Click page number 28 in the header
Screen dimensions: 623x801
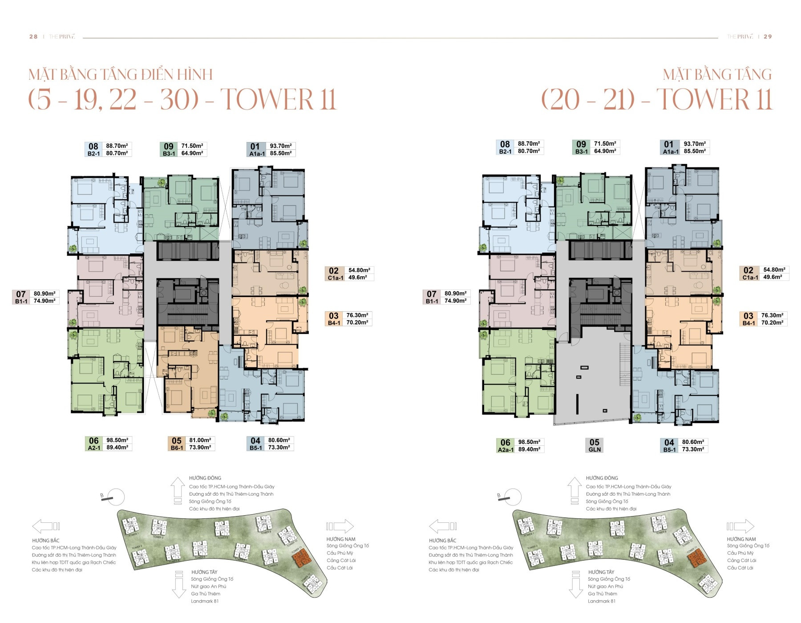[x=33, y=37]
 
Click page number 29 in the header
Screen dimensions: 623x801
[x=768, y=37]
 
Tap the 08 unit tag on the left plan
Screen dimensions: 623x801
[x=93, y=146]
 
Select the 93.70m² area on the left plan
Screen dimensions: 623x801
[x=280, y=146]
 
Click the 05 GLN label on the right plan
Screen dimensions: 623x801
[x=595, y=445]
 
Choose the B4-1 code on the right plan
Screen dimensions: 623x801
[x=748, y=323]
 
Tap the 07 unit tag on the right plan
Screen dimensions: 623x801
[x=431, y=293]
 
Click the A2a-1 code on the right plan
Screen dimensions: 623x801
[x=505, y=449]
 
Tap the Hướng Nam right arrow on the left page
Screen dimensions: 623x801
[x=340, y=526]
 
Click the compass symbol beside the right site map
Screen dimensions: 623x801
[x=511, y=497]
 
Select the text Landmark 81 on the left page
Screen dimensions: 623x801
[x=205, y=601]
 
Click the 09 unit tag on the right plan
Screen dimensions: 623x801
[x=581, y=144]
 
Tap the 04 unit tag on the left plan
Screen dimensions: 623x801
[x=255, y=440]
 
